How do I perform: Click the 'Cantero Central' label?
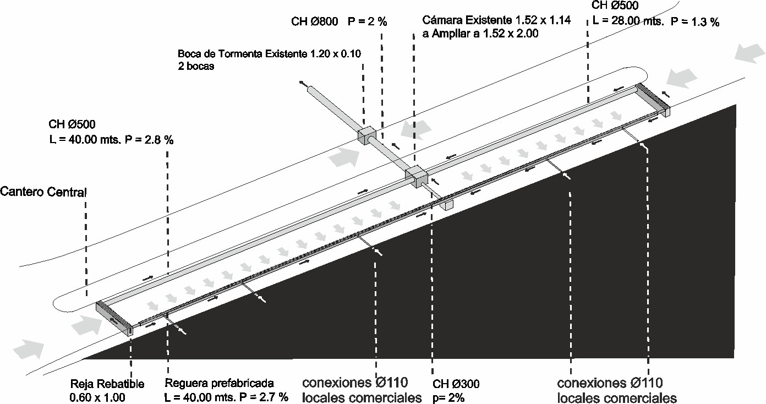point(43,192)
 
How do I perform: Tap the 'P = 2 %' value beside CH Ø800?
point(368,22)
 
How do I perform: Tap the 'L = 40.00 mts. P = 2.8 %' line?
point(111,140)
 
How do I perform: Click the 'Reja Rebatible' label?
point(107,384)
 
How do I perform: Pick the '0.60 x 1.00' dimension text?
point(97,397)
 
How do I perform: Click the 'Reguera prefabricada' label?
point(219,383)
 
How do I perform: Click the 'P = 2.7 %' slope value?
point(266,397)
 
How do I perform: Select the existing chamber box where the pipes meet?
point(417,176)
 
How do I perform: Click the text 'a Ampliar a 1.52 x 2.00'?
point(480,33)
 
